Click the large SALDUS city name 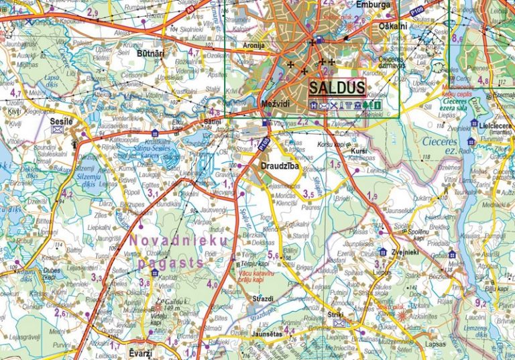[337, 88]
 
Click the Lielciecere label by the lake [496, 125]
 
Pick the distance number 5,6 [274, 255]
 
